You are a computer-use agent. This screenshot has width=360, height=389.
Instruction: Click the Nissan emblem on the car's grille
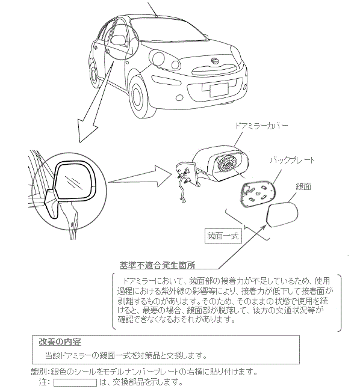(x=214, y=61)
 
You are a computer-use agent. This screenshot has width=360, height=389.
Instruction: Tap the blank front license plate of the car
(x=219, y=90)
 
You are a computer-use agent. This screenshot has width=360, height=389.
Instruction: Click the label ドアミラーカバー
(x=261, y=126)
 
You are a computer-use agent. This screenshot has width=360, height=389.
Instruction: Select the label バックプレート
(x=292, y=160)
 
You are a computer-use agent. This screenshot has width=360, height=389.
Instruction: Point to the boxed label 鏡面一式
(x=223, y=236)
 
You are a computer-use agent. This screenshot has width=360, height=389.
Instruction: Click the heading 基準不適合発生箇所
(x=157, y=265)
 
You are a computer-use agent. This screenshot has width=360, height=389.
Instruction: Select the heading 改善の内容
(x=60, y=342)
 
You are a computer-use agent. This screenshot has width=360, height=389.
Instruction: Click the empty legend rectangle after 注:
(x=75, y=382)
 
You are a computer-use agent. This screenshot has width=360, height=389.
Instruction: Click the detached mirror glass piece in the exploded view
(x=282, y=215)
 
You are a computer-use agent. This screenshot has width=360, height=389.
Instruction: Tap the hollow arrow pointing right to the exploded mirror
(x=140, y=176)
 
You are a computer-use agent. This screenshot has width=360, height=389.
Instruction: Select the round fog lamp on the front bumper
(x=180, y=97)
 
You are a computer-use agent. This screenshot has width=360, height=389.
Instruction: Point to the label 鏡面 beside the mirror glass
(x=303, y=186)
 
